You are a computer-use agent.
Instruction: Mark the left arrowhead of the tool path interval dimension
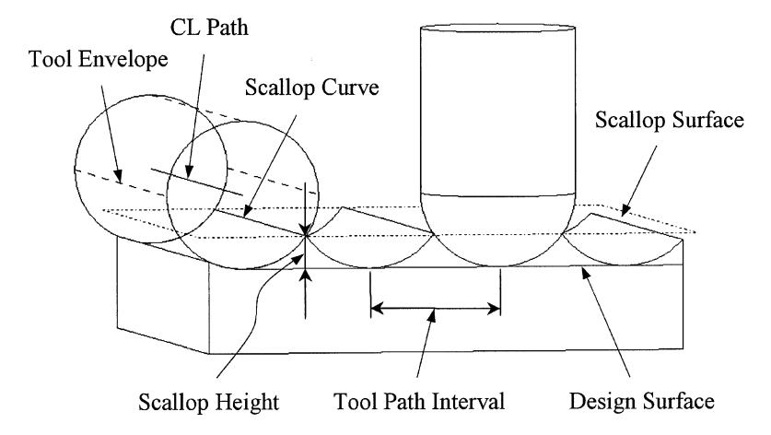point(374,308)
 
